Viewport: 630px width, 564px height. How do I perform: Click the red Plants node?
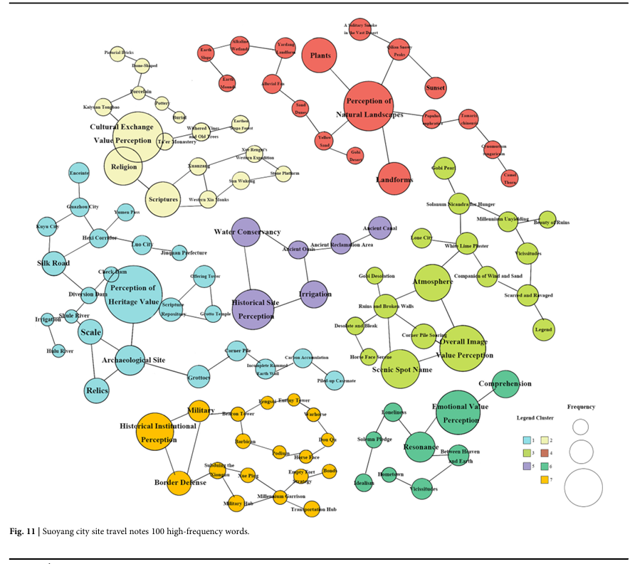[319, 55]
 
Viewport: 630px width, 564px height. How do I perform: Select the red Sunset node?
[435, 87]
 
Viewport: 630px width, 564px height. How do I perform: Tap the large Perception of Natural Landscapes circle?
[374, 106]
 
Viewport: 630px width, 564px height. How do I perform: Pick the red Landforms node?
[394, 179]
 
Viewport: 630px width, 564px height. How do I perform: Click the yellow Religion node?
[123, 168]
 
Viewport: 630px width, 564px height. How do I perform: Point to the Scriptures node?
[162, 199]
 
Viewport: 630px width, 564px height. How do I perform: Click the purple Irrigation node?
[315, 294]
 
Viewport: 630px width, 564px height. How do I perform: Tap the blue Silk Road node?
[54, 263]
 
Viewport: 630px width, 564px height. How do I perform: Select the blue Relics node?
[97, 390]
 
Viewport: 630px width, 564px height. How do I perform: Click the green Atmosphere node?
[432, 282]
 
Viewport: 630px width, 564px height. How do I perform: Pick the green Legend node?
[544, 329]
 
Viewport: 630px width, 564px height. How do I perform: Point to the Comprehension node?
[505, 383]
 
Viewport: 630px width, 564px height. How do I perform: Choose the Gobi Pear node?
[443, 169]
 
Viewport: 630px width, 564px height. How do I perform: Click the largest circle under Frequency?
[583, 487]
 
